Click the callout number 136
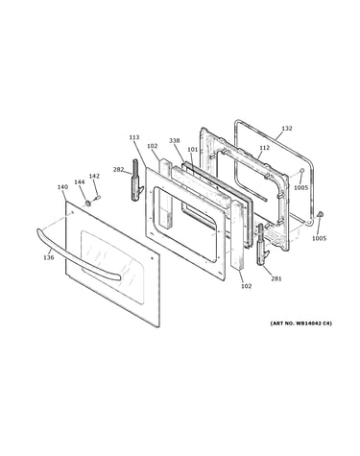point(49,257)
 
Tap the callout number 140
point(62,187)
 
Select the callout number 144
point(80,182)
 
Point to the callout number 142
point(94,176)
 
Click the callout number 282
point(118,170)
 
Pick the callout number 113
point(134,137)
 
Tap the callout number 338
point(175,140)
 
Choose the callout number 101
point(193,150)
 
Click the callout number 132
point(287,129)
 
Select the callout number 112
point(265,148)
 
